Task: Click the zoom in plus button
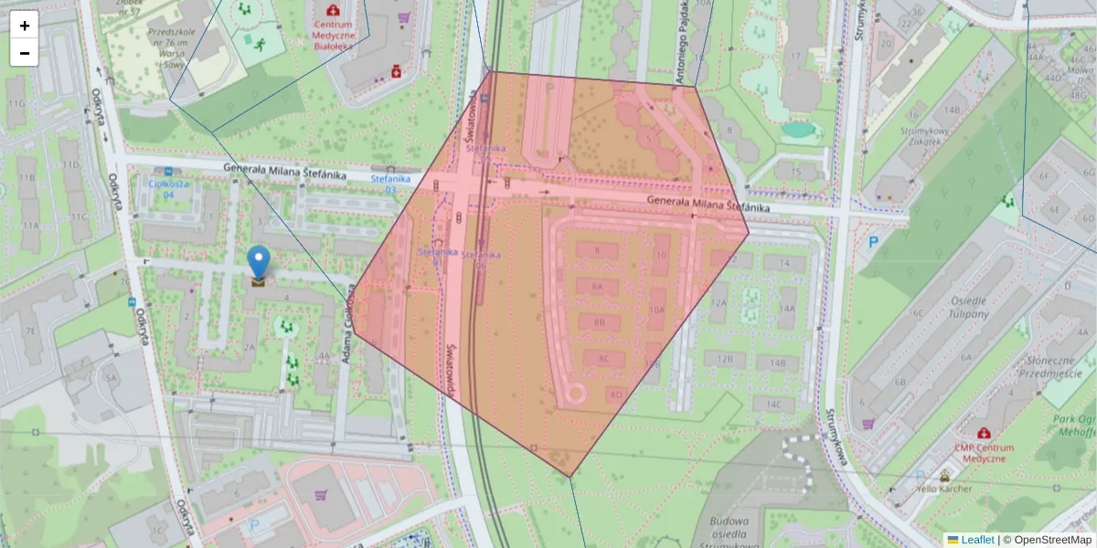[25, 25]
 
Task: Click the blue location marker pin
[260, 261]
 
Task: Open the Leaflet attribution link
[977, 540]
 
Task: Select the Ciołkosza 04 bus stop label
[162, 188]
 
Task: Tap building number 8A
[598, 286]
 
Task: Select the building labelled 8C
[603, 359]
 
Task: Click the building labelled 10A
[656, 310]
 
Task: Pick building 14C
[773, 404]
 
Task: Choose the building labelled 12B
[725, 359]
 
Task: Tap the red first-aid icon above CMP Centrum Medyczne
[983, 433]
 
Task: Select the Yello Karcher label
[945, 489]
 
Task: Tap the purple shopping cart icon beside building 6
[868, 424]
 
